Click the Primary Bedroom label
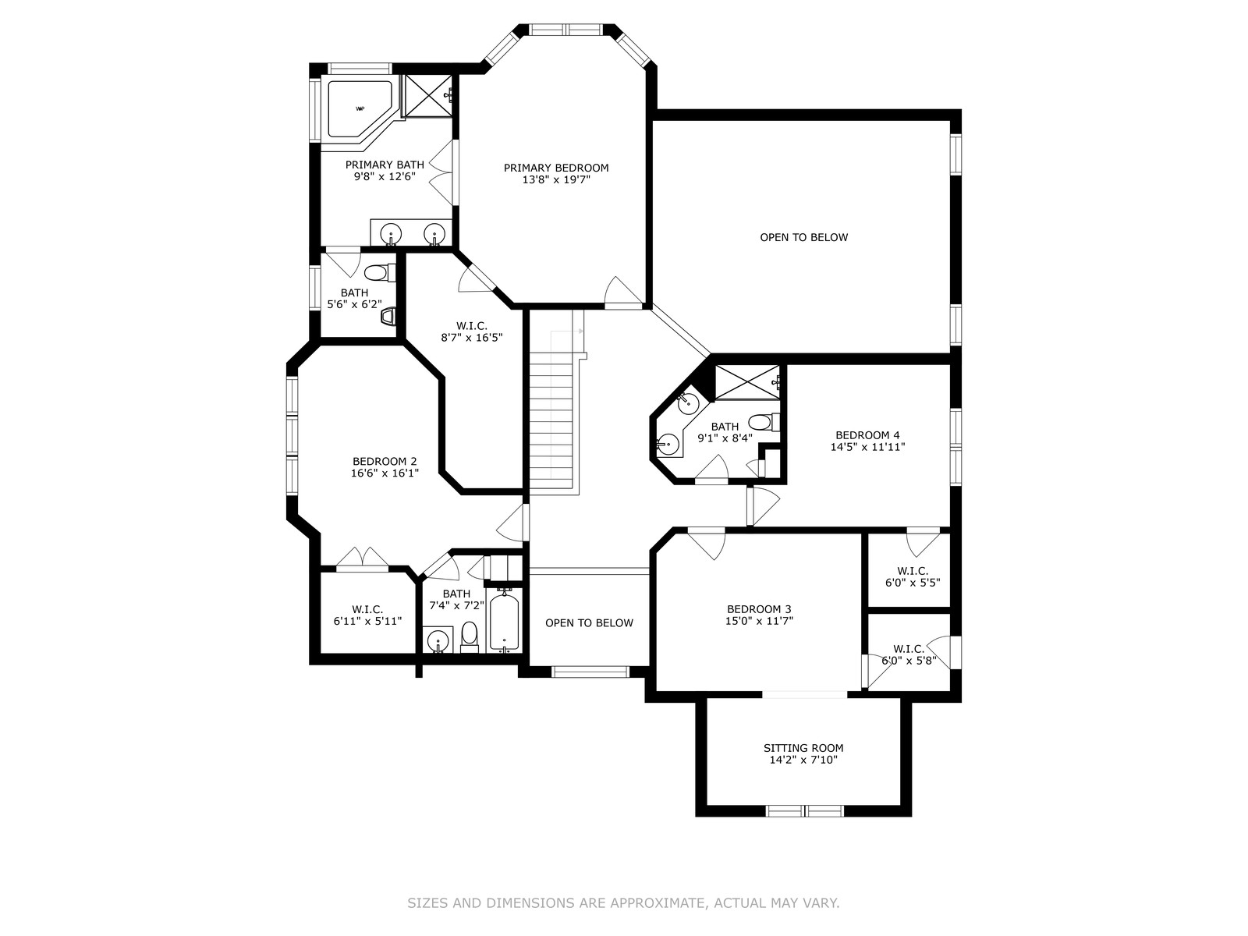[x=555, y=168]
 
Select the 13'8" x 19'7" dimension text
[x=556, y=180]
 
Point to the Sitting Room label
[x=803, y=748]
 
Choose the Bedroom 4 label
[x=867, y=435]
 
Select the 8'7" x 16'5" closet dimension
[x=471, y=338]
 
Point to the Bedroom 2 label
[x=385, y=462]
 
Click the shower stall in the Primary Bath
[x=427, y=97]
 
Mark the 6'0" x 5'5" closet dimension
[x=913, y=583]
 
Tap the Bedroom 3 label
[x=758, y=609]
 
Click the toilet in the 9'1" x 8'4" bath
[x=764, y=422]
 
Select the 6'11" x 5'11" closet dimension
[x=367, y=621]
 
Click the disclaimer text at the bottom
[x=623, y=902]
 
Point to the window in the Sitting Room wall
[x=804, y=811]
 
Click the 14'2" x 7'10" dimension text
[x=803, y=760]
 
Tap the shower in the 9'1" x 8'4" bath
[x=747, y=381]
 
